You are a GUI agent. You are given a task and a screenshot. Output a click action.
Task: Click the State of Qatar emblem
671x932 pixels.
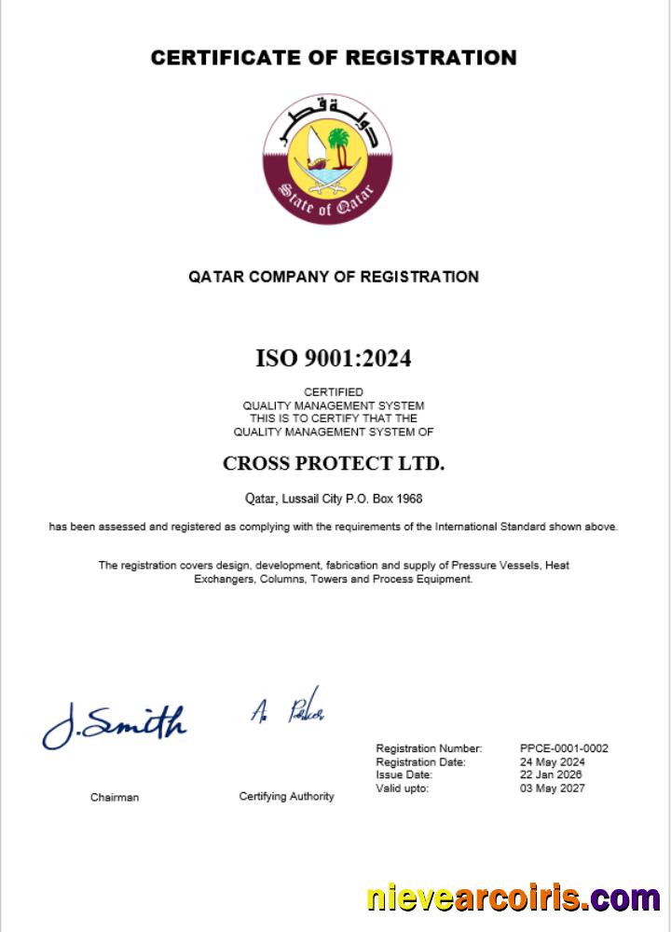click(327, 158)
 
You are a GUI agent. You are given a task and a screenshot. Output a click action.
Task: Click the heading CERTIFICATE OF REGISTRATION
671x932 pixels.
click(334, 58)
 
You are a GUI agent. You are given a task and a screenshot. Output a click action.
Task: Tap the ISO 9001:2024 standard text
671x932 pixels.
click(333, 358)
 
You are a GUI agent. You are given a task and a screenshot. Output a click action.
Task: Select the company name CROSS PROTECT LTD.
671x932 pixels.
click(334, 463)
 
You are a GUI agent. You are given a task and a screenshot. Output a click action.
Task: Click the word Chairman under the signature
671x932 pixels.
click(115, 798)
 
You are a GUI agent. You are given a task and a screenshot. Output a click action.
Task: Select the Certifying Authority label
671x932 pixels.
click(286, 797)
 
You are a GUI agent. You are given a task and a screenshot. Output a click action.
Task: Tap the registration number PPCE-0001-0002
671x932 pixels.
click(564, 748)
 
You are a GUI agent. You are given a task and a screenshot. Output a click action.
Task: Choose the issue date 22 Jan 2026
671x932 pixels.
click(552, 774)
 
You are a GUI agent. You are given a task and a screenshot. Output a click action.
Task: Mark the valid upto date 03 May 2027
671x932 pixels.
click(553, 788)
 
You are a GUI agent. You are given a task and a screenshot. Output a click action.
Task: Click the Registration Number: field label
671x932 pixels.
click(429, 748)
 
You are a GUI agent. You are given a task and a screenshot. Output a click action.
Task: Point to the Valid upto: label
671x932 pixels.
click(402, 788)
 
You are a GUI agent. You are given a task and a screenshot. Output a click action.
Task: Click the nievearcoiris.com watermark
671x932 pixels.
click(513, 899)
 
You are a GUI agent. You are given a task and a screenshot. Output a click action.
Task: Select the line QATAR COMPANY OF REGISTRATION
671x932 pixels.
click(334, 277)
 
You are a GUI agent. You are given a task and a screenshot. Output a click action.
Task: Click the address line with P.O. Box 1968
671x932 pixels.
click(334, 499)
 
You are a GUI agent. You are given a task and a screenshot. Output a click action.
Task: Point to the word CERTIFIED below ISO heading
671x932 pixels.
click(334, 392)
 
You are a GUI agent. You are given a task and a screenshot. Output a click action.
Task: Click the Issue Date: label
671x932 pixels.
click(404, 774)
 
